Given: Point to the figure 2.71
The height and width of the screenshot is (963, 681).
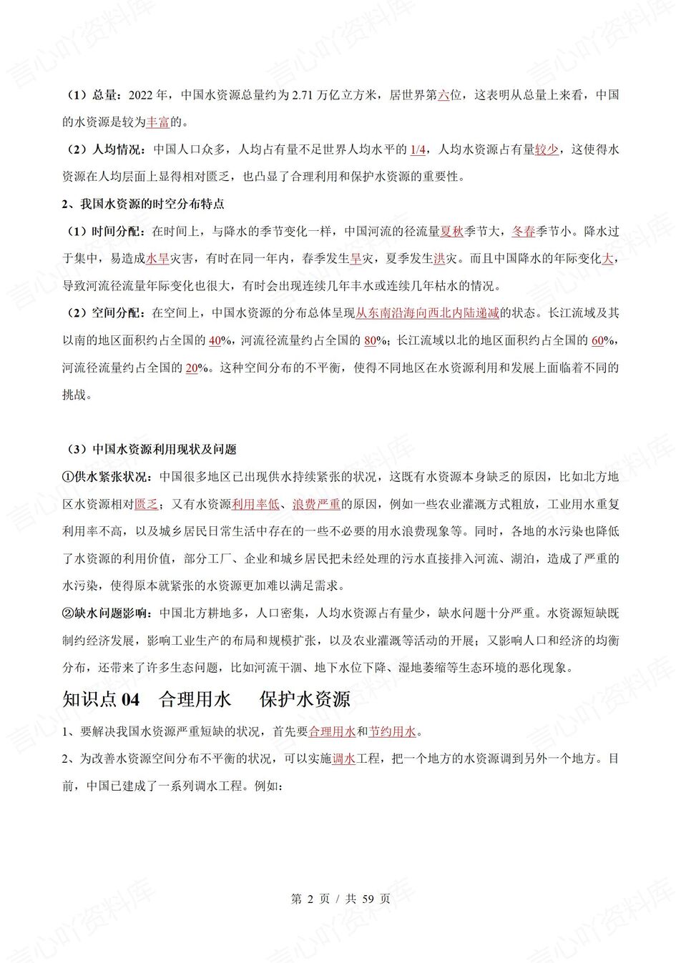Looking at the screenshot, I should pos(304,95).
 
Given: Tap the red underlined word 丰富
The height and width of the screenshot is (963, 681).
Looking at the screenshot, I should pos(157,122).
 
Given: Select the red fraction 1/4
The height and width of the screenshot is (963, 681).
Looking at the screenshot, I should pos(418,149).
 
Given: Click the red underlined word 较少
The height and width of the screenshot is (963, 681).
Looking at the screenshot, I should pos(547,149).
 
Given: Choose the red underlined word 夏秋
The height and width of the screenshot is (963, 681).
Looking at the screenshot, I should pos(451,232).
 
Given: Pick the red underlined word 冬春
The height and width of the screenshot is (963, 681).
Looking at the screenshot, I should pos(523,232).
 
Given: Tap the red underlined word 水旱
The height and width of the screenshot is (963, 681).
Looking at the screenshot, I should pos(157,259).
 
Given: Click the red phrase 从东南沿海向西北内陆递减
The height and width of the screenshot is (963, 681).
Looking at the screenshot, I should pos(427,313).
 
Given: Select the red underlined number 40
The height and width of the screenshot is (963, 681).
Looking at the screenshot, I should pos(215,340).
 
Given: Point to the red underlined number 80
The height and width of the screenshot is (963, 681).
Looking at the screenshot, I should pos(370,340).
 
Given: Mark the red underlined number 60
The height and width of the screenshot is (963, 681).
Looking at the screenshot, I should pos(598,340).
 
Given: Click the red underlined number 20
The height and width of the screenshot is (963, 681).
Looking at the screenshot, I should pos(192,368).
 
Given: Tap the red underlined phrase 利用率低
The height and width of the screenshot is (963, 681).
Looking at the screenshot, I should pos(255,504).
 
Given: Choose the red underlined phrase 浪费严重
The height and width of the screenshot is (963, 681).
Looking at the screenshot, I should pos(316,504).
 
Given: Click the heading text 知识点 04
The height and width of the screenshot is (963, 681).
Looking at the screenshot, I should pos(101,698).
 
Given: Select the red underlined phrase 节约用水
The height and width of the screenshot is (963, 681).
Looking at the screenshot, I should pos(392,731).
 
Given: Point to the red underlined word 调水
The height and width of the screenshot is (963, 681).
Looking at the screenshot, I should pos(344,759).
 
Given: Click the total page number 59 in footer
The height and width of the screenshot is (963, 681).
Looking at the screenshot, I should pos(368,899).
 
